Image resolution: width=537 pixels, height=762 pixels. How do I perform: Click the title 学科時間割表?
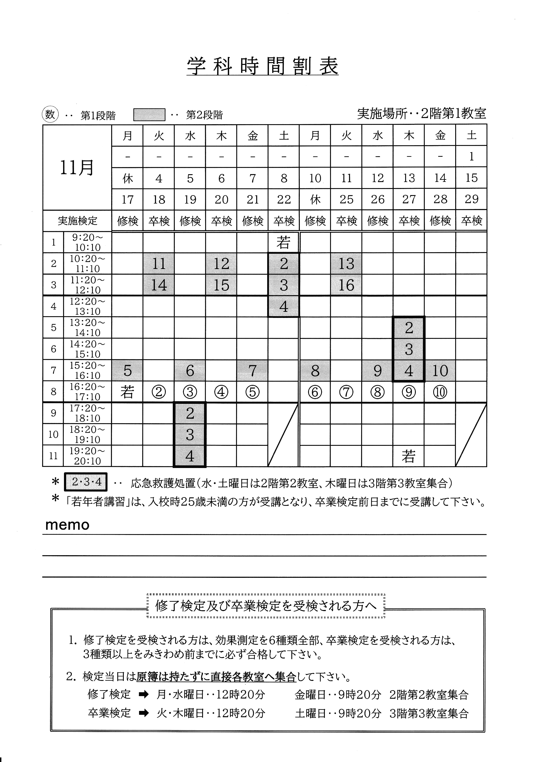coord(262,66)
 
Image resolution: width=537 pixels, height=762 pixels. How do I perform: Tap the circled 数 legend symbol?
coord(50,115)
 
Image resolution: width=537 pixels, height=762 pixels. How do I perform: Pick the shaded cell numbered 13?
coord(346,264)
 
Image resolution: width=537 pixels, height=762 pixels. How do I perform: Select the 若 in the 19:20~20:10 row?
coord(408,456)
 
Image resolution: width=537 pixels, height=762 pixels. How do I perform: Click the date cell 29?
coord(471,199)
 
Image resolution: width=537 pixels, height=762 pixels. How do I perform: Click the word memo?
coord(67,525)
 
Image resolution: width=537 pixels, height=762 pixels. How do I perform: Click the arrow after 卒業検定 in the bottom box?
coord(144,713)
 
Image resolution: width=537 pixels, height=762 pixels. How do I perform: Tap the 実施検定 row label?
coord(77,221)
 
